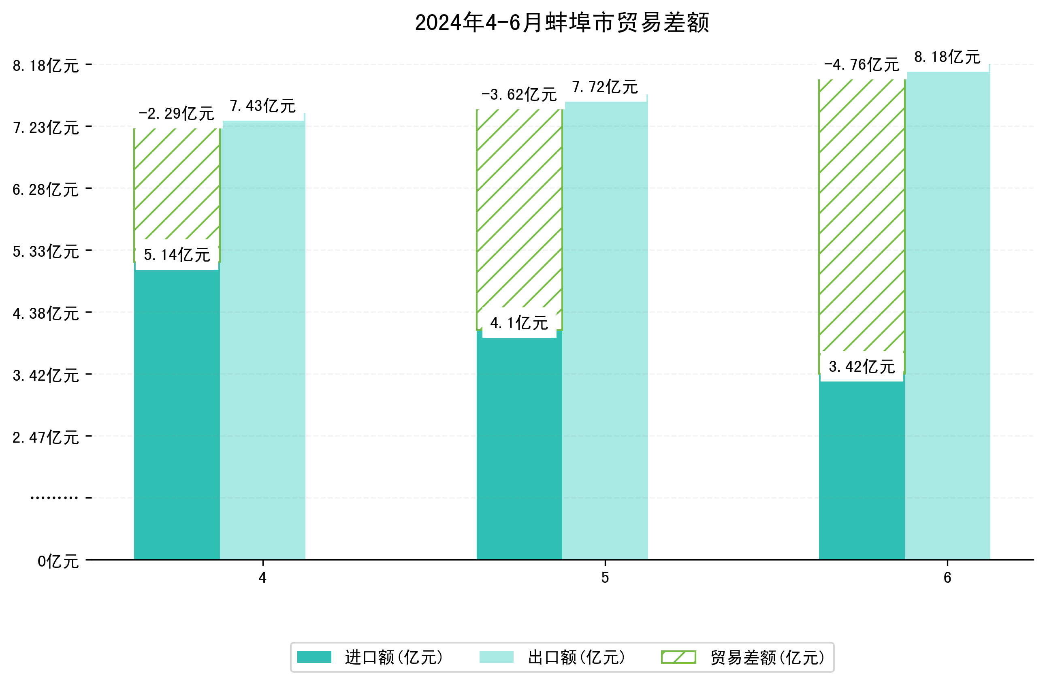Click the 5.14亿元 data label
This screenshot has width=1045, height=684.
tap(177, 255)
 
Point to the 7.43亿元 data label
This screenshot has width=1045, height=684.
tap(262, 106)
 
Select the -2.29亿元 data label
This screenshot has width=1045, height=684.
tap(177, 114)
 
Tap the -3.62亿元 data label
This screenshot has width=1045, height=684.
tap(519, 95)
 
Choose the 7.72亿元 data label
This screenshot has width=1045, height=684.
tap(605, 87)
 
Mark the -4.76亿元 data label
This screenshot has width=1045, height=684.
tap(862, 65)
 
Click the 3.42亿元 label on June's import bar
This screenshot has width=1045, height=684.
tap(862, 367)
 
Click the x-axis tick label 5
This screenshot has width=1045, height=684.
tap(605, 578)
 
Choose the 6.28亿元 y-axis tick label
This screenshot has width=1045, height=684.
tap(46, 190)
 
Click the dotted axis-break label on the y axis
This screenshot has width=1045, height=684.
tap(54, 498)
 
